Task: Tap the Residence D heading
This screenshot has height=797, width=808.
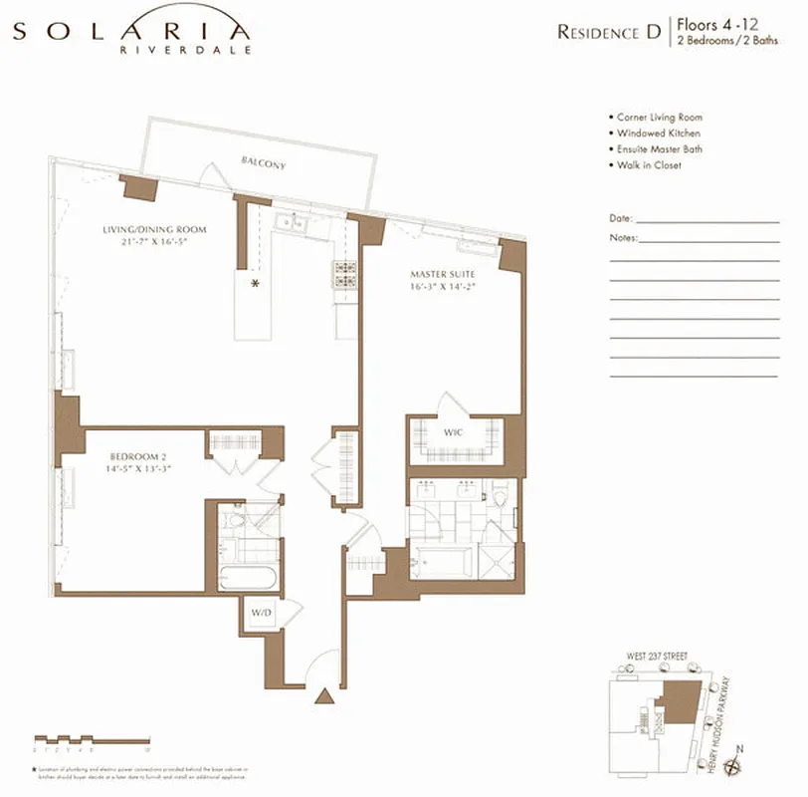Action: (609, 32)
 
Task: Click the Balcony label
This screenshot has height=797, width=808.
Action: (262, 162)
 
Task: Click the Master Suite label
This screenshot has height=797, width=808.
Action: (442, 274)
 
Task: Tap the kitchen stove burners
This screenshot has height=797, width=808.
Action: (345, 275)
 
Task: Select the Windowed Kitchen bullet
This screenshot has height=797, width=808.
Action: (658, 133)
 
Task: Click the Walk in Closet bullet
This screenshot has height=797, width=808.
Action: (648, 165)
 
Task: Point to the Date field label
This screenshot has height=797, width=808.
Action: (620, 218)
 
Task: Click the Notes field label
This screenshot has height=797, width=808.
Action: (623, 238)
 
